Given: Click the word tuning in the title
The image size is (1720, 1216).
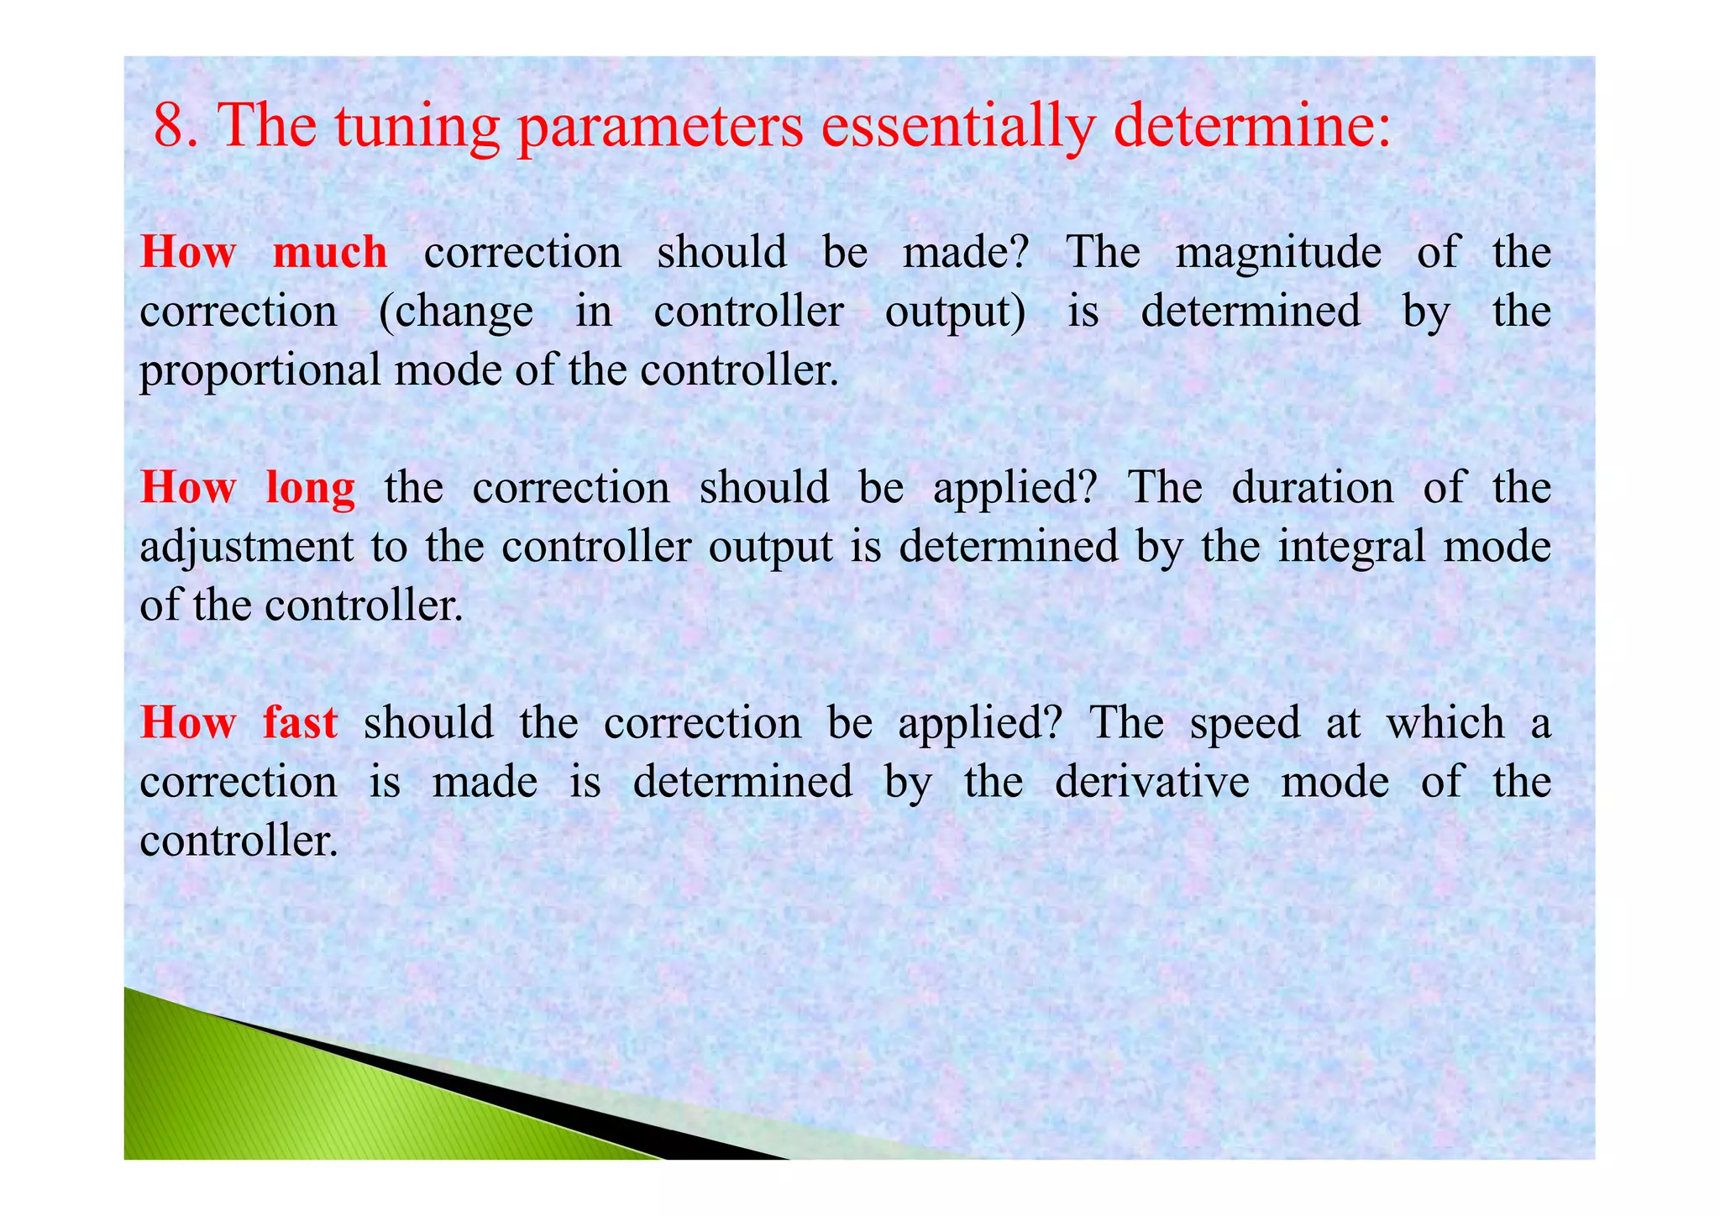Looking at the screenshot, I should click(417, 125).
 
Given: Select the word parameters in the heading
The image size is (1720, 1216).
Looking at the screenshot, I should click(659, 127).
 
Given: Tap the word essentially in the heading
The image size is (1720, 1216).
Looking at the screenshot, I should click(957, 127).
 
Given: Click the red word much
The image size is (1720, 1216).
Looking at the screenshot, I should click(330, 252).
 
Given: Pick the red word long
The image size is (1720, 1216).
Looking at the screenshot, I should click(310, 488).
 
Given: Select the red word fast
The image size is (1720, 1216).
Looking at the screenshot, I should click(300, 722).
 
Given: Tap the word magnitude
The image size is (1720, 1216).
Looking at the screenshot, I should click(1277, 253).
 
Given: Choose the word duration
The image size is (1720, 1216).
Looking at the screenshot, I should click(1312, 488).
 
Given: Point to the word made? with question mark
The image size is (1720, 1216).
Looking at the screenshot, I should click(965, 252).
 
